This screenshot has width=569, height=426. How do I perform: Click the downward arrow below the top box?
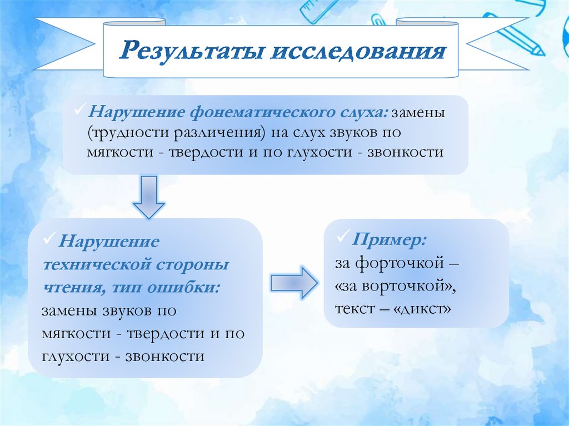[149, 197]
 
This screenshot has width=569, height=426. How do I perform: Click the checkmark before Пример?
[342, 238]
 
